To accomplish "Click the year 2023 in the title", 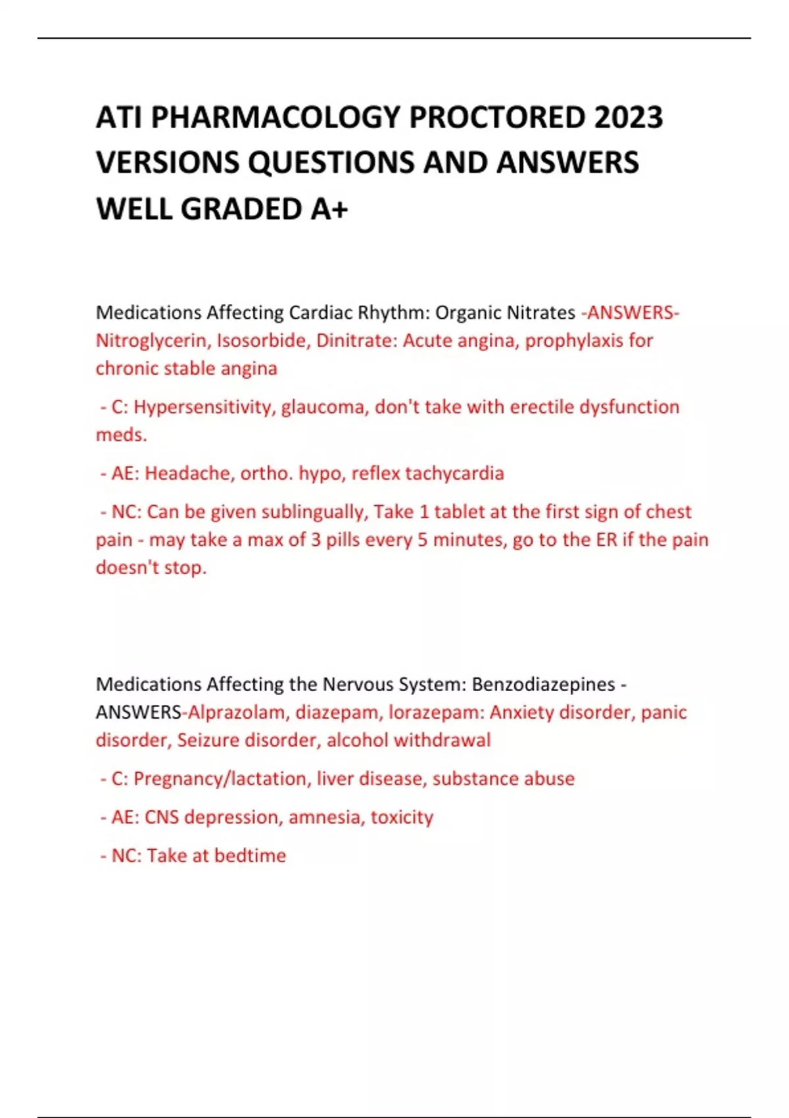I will click(x=628, y=118).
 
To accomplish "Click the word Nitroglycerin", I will click(x=151, y=341).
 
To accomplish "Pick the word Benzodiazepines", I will click(x=543, y=685).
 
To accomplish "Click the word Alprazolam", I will click(x=236, y=712).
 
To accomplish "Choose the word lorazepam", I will click(x=433, y=712).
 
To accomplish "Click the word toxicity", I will click(x=402, y=817).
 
